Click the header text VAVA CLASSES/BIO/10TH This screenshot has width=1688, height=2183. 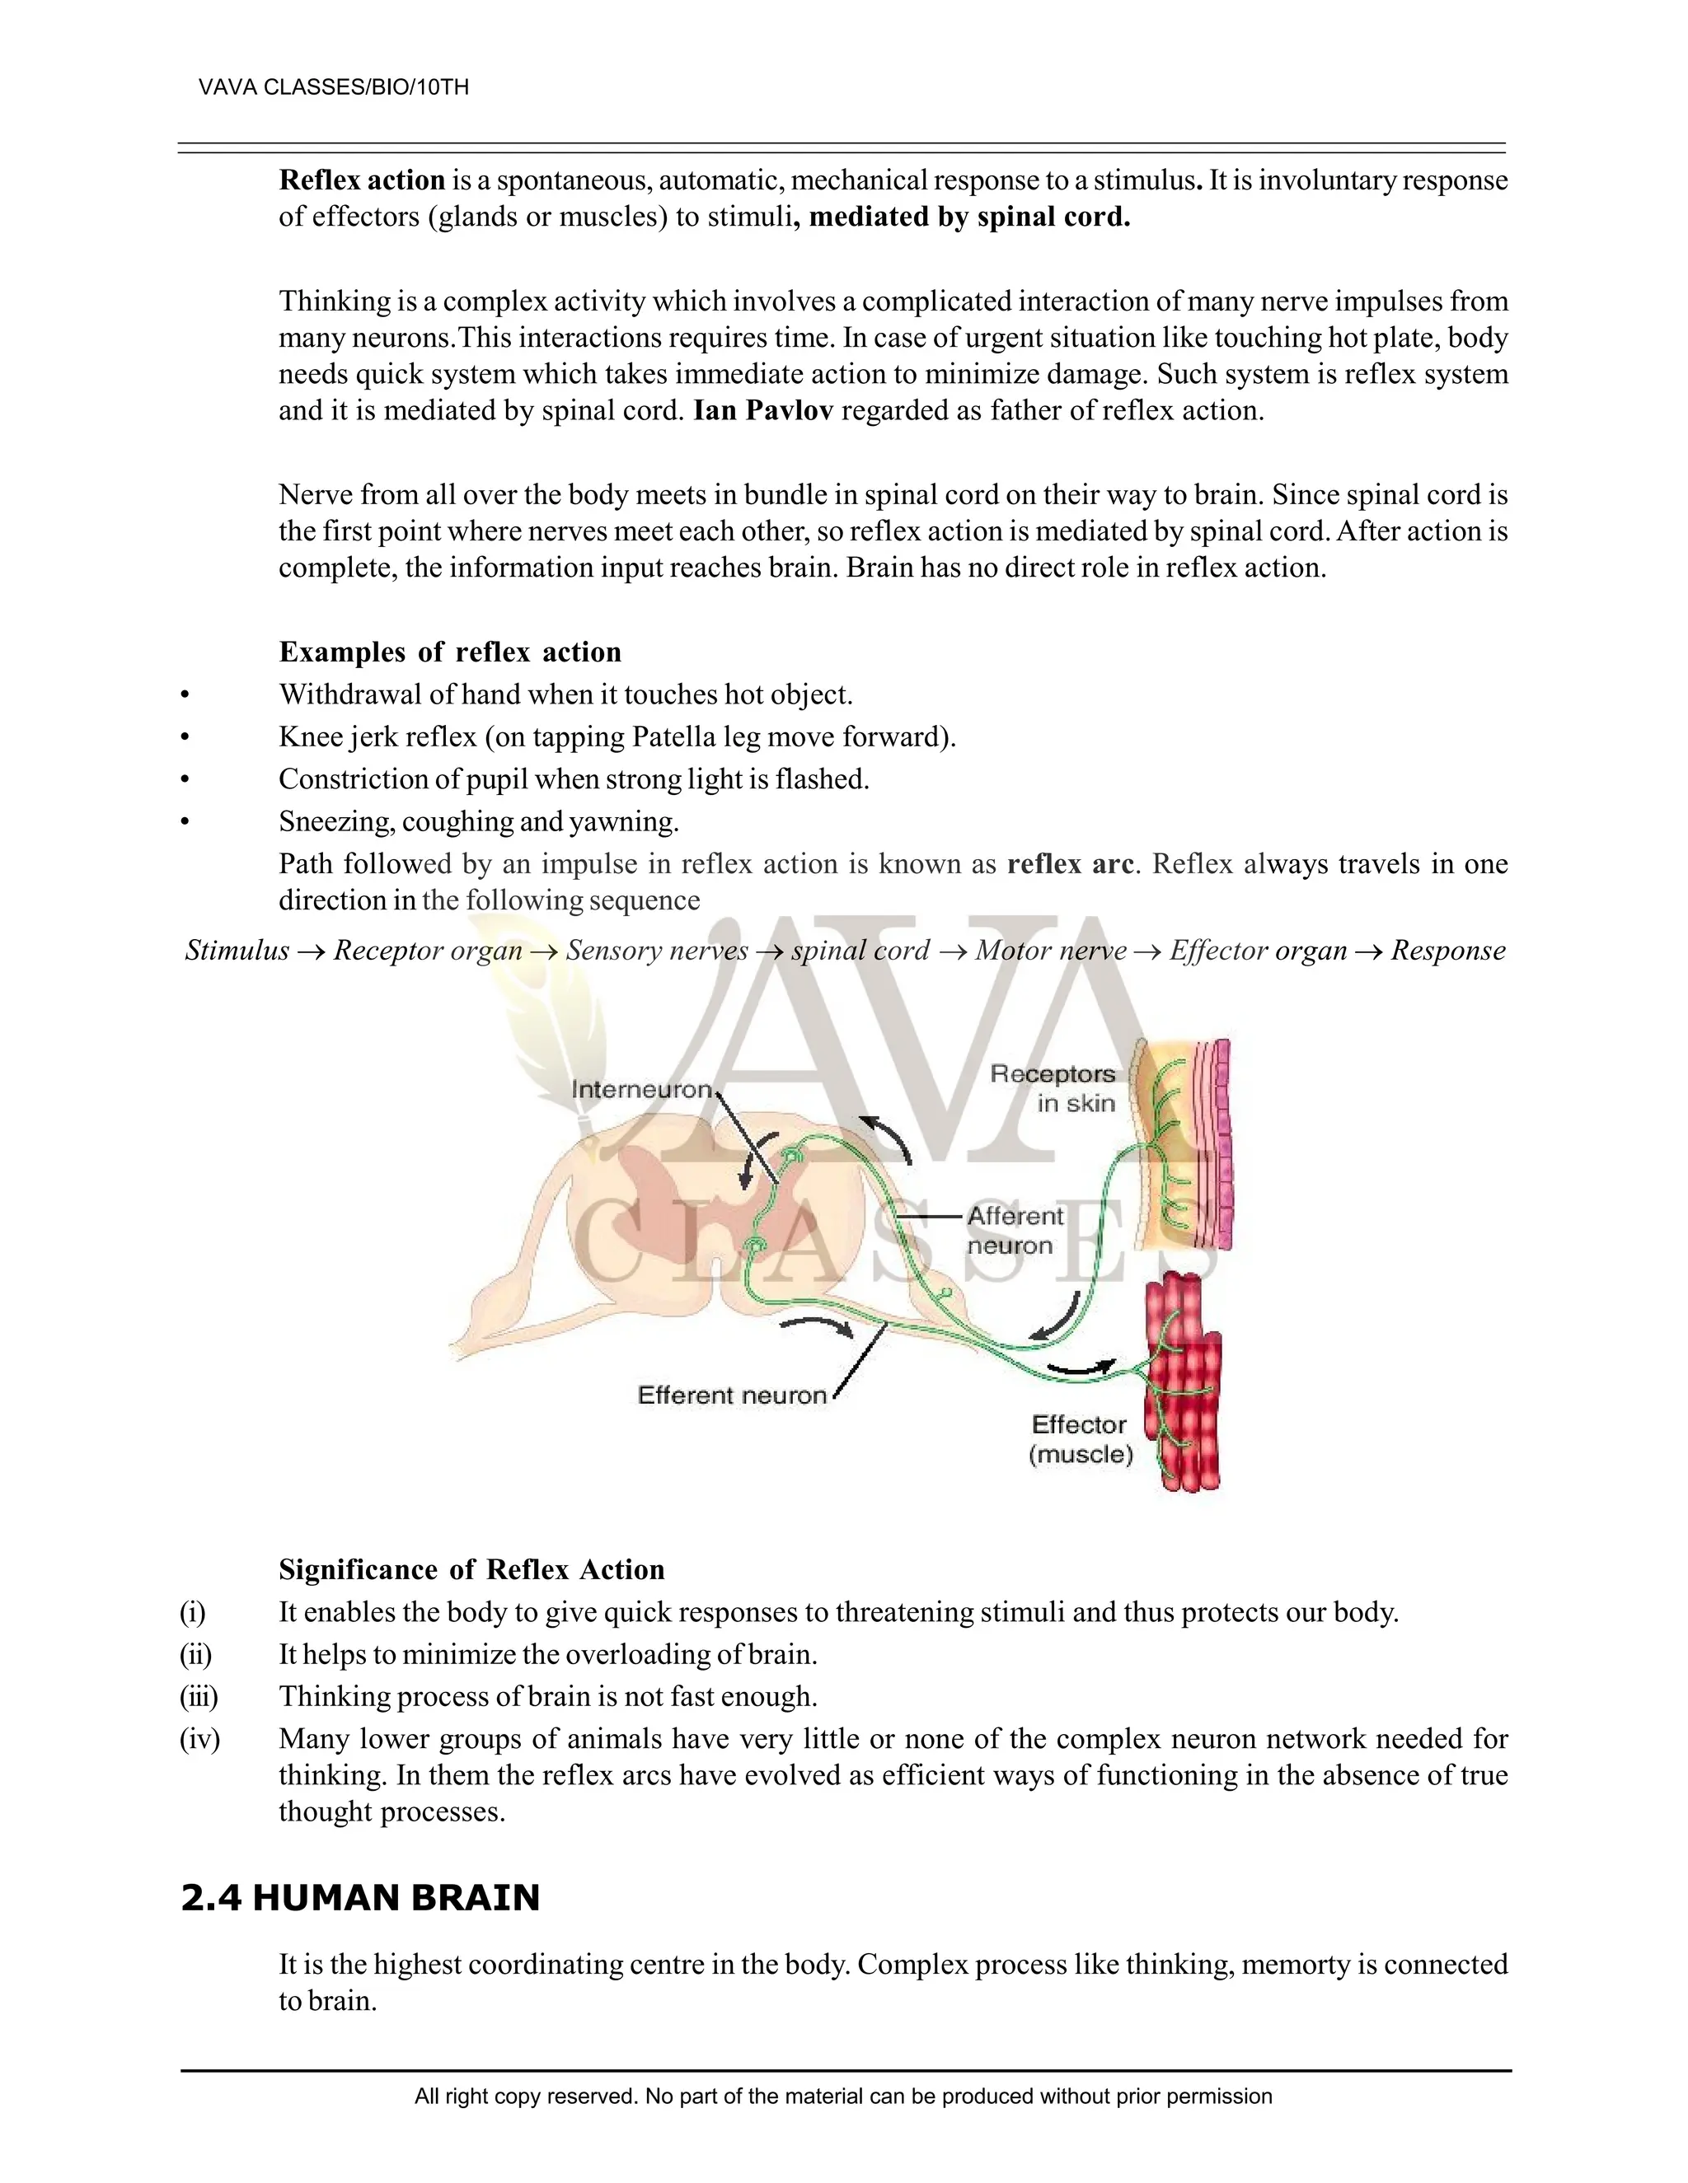pos(333,87)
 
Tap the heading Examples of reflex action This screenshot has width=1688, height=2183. pos(450,652)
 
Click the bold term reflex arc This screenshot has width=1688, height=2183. pos(1070,863)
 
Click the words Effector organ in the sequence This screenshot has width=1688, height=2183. pos(1258,950)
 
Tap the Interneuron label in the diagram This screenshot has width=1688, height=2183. pos(642,1090)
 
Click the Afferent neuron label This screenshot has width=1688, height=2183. pos(1014,1231)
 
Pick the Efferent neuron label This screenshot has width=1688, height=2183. pos(732,1395)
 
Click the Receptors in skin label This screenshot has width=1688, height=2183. pos(1053,1088)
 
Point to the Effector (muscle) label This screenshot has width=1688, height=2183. pos(1080,1439)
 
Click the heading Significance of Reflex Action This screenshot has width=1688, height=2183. pos(471,1569)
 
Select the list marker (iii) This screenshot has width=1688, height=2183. pos(199,1696)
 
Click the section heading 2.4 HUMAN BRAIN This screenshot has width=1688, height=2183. pos(360,1897)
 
